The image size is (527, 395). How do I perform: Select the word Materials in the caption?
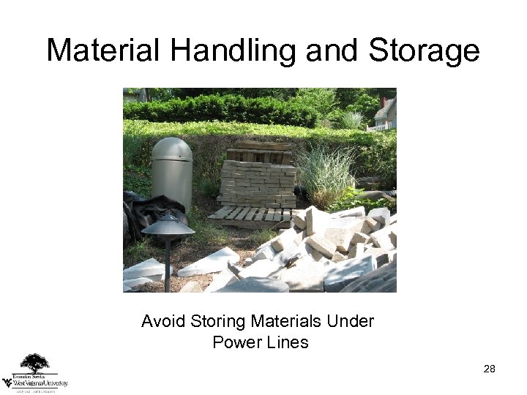pos(282,321)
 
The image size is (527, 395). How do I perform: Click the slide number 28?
pos(490,369)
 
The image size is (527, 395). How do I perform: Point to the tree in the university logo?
pos(34,363)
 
